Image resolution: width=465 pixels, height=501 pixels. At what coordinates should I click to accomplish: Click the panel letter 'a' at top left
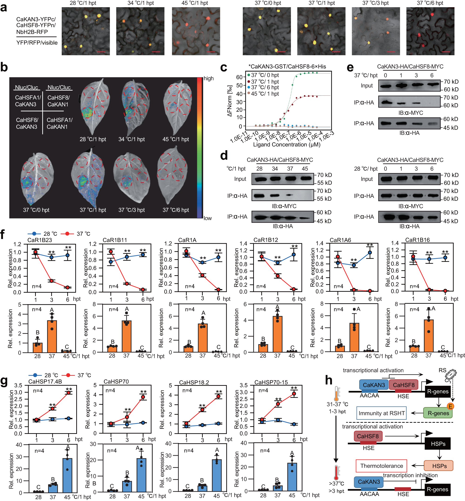[x=3, y=7]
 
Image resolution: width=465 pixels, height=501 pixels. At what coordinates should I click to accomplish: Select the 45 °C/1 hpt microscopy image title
[x=195, y=3]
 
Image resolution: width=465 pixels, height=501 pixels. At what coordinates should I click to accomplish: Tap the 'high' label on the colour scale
[x=208, y=79]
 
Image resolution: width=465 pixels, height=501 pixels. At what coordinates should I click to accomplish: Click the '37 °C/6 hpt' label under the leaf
[x=175, y=210]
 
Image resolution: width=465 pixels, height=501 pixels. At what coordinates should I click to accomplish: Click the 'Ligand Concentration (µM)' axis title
[x=286, y=144]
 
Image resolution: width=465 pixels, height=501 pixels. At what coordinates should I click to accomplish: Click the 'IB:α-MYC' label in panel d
[x=284, y=206]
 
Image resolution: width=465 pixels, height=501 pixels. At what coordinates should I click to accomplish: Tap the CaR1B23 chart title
[x=40, y=240]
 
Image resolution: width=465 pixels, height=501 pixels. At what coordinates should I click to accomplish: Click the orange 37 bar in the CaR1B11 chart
[x=126, y=336]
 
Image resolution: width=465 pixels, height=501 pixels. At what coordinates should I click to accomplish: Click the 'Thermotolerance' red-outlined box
[x=381, y=466]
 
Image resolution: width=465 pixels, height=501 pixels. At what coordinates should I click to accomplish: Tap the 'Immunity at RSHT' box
[x=381, y=413]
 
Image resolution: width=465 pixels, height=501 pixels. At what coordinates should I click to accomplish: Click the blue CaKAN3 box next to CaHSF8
[x=374, y=385]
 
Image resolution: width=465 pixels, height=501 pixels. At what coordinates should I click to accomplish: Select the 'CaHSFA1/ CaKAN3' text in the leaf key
[x=28, y=101]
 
